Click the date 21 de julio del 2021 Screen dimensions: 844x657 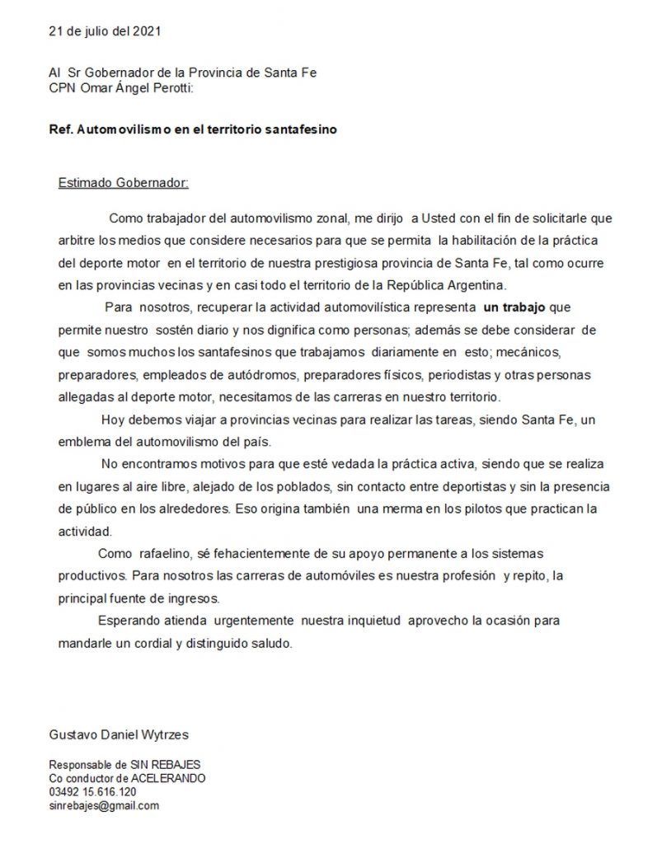pos(105,32)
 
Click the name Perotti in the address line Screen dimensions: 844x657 pos(168,87)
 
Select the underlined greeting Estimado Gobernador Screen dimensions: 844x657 pos(124,181)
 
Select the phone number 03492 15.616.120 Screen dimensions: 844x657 pos(92,792)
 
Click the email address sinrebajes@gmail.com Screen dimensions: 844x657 pos(104,805)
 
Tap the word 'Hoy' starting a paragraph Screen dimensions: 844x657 pos(110,419)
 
